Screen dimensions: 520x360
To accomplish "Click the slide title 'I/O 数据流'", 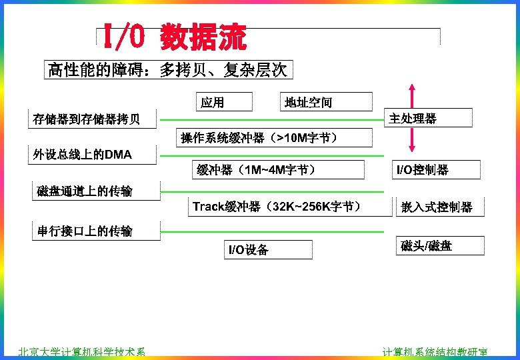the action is [x=174, y=37].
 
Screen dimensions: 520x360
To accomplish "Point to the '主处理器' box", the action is [x=413, y=119].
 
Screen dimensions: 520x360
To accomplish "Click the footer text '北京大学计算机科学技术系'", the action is [x=81, y=353].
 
